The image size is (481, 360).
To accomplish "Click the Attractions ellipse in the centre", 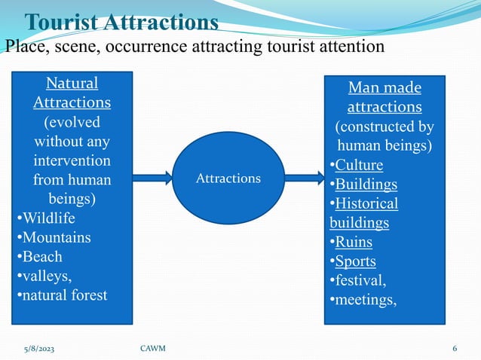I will [x=228, y=178].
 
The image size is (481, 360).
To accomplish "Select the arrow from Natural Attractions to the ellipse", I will [x=153, y=178].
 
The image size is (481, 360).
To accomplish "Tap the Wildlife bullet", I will [x=49, y=219].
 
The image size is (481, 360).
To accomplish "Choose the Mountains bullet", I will [x=57, y=238].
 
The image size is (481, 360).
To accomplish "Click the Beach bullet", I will [x=42, y=257].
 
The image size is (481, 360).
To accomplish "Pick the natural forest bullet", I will [x=65, y=294].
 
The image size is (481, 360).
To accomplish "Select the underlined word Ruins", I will [x=354, y=243].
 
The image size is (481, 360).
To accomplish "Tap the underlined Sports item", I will [x=355, y=262].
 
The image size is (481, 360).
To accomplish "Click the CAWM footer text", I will [x=155, y=348].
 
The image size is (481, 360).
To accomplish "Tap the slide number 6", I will [x=455, y=348].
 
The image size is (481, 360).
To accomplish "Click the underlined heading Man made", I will [x=384, y=87].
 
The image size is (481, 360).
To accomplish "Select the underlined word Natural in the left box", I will [x=72, y=82].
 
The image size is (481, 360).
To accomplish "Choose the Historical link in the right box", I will [x=366, y=204].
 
